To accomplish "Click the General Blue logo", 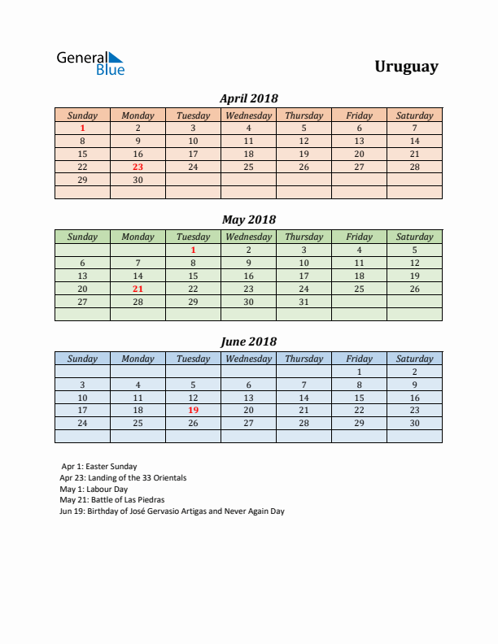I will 90,63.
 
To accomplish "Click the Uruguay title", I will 406,67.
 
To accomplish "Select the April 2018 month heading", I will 249,98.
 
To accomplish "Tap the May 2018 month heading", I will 249,220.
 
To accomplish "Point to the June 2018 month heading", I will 249,342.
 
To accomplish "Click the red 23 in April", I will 138,167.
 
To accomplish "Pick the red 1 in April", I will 82,128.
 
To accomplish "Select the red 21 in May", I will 138,289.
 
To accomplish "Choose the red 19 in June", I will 193,410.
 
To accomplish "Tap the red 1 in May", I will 193,250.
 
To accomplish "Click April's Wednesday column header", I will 248,115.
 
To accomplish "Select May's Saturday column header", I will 414,237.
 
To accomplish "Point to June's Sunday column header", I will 82,359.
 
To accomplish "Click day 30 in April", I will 138,180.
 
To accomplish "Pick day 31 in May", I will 304,302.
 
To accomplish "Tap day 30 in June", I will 414,423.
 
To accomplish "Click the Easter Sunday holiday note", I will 99,467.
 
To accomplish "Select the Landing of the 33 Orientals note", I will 123,478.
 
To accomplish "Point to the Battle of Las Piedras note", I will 111,500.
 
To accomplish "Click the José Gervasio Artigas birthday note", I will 172,511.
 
